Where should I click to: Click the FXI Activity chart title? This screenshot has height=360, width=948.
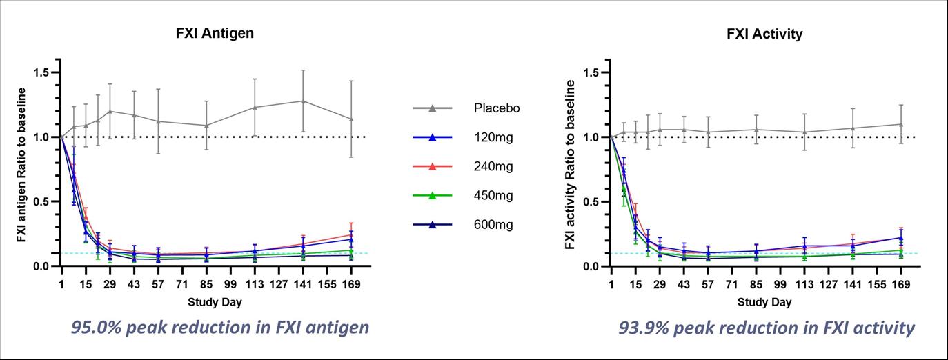coord(764,34)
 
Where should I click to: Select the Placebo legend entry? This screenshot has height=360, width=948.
coord(496,108)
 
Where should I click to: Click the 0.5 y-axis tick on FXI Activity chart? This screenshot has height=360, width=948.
coord(595,202)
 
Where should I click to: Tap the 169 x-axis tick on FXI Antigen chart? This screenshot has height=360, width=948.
coord(351,283)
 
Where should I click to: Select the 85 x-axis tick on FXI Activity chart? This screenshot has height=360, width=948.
coord(756,283)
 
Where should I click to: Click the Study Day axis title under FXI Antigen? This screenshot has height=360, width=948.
coord(215,302)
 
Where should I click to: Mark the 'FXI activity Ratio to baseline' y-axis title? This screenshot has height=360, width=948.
coord(571,164)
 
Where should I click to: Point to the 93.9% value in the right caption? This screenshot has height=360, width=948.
coord(647,328)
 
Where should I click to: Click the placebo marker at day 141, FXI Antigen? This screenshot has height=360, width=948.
coord(303,101)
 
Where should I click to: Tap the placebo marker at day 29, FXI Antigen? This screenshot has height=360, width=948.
coord(110,111)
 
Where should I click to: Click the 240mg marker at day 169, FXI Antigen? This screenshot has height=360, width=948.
coord(351,234)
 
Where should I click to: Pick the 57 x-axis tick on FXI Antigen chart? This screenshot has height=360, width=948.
coord(158,283)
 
